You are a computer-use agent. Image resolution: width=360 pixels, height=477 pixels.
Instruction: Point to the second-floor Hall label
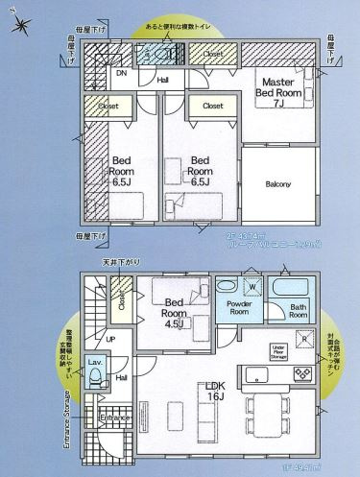[163, 81]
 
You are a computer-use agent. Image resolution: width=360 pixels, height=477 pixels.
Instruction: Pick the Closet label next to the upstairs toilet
[212, 56]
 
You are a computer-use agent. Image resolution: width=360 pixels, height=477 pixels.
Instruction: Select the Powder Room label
[237, 307]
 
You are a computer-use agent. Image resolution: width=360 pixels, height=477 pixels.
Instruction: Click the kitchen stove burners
[259, 374]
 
